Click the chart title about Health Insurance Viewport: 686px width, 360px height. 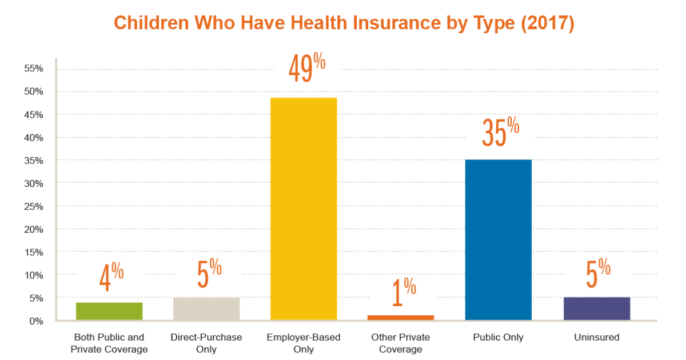click(343, 23)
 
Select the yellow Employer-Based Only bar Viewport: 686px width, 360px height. click(304, 209)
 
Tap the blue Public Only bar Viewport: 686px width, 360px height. click(498, 239)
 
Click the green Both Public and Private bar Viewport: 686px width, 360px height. click(109, 311)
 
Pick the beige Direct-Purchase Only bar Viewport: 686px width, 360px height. click(206, 309)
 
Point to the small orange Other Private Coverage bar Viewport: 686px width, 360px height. click(401, 317)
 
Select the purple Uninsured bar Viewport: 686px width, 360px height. click(596, 309)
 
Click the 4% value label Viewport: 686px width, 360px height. click(111, 278)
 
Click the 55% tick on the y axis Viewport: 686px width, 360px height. click(34, 69)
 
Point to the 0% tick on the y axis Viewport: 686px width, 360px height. click(36, 321)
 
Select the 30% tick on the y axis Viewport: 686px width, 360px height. click(34, 183)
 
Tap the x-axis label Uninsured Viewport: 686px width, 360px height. click(596, 338)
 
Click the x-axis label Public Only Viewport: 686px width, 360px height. click(498, 338)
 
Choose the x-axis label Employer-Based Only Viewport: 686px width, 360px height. click(304, 343)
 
